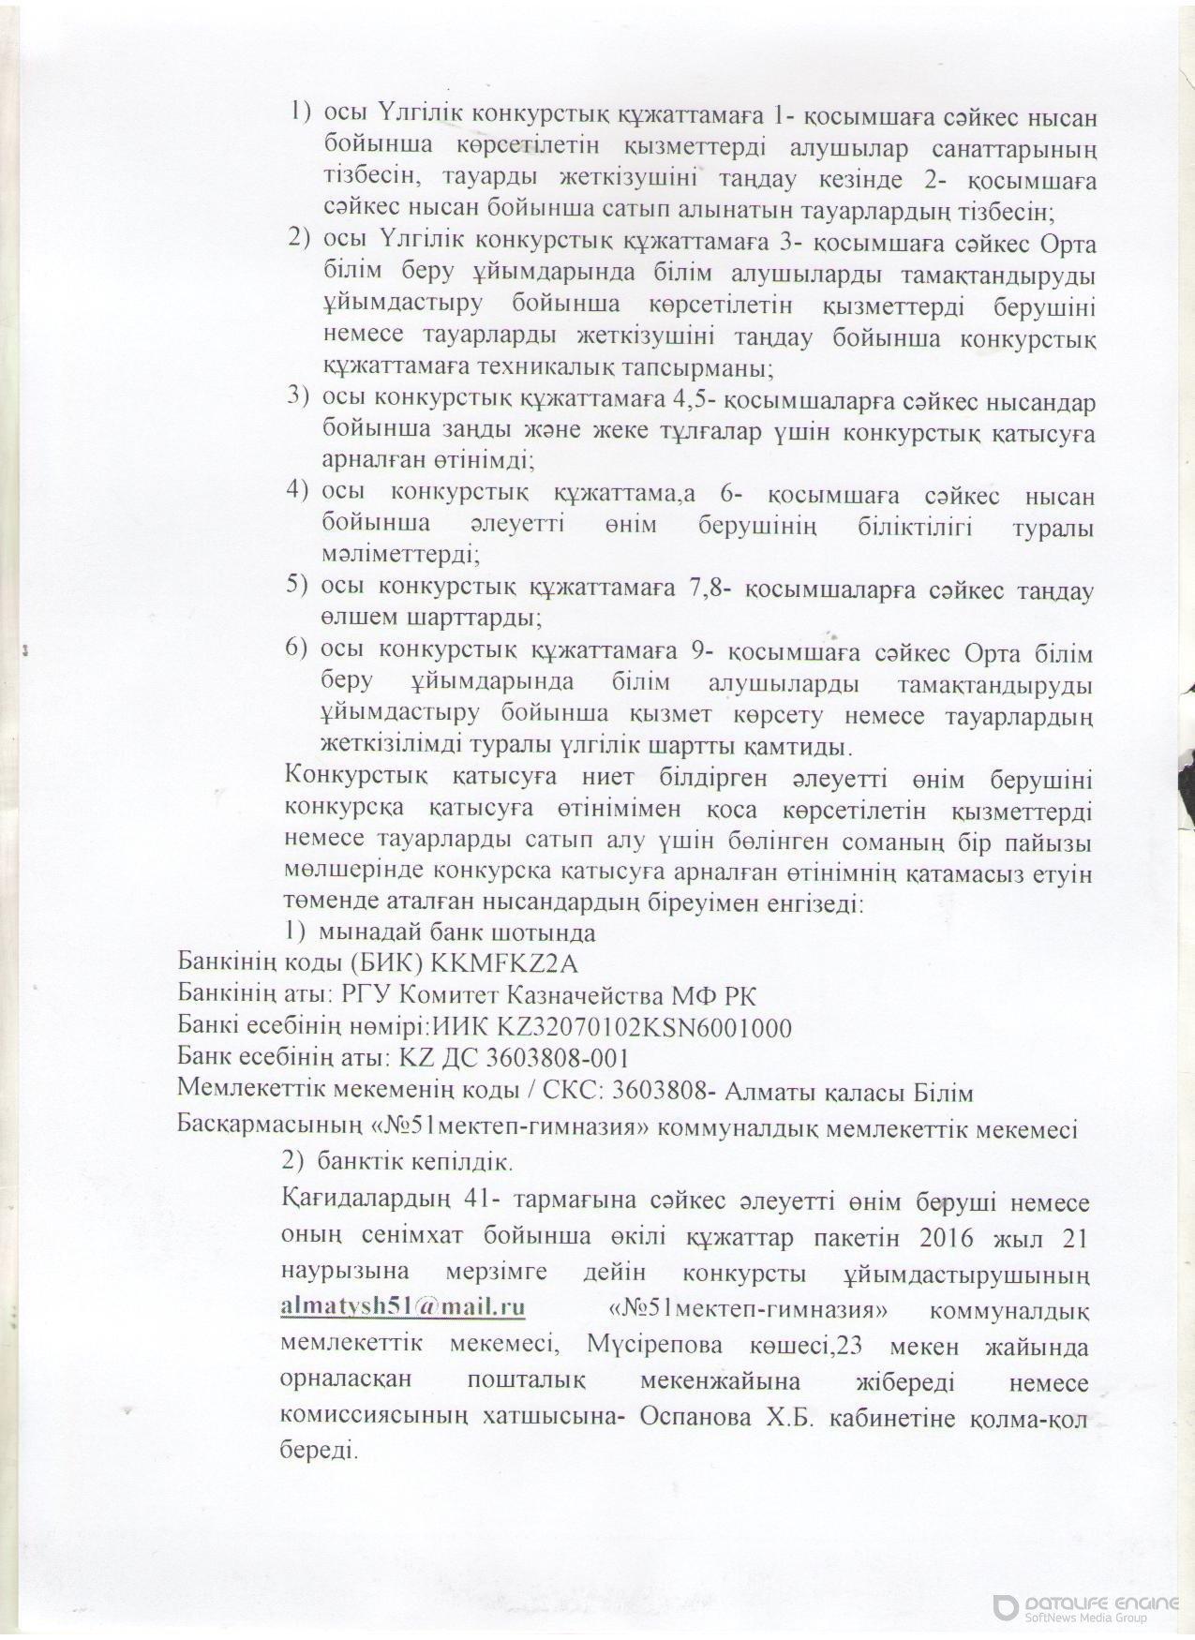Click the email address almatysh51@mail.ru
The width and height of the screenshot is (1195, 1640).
pos(403,1307)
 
